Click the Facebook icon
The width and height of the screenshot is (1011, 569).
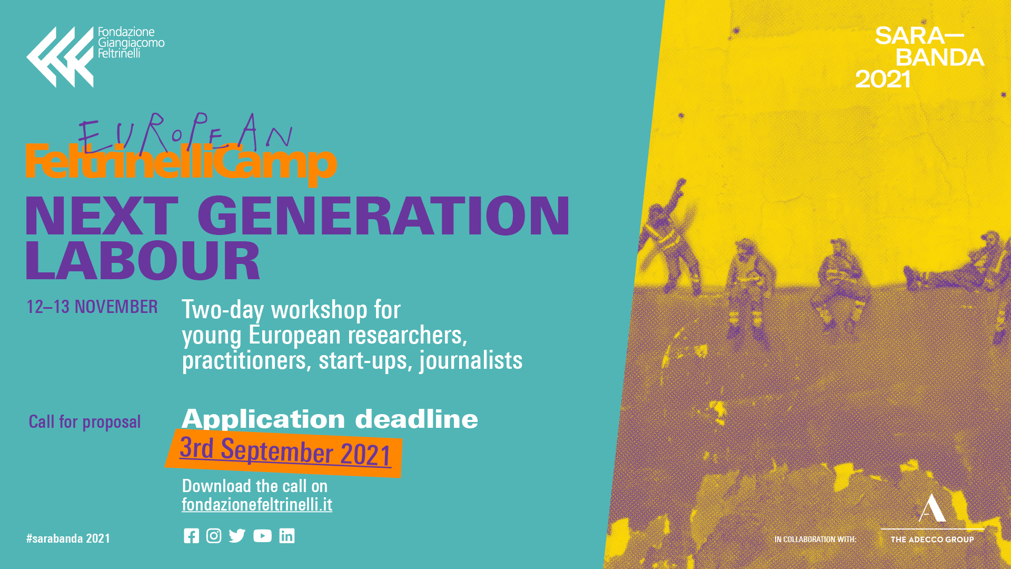[x=191, y=536]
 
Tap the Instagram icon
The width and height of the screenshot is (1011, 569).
[x=214, y=536]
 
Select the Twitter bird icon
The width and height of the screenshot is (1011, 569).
[x=237, y=536]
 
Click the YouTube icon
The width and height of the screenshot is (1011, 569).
[x=262, y=536]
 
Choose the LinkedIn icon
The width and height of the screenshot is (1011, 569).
[x=287, y=536]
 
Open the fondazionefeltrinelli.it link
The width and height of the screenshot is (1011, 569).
[x=257, y=505]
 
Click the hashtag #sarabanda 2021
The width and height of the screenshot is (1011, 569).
[x=68, y=538]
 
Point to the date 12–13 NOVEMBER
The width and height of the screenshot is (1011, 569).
[x=92, y=307]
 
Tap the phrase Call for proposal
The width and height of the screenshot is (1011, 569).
[x=85, y=422]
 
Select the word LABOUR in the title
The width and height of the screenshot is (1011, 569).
[x=143, y=261]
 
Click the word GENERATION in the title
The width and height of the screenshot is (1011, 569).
[x=384, y=215]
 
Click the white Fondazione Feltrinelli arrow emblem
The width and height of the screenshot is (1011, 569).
[x=60, y=57]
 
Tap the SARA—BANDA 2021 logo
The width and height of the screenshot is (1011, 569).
[x=919, y=57]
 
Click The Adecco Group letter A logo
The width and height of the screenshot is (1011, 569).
[x=932, y=508]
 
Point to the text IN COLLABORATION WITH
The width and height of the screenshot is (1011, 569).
[x=815, y=539]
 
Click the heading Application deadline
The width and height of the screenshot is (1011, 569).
[x=330, y=419]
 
